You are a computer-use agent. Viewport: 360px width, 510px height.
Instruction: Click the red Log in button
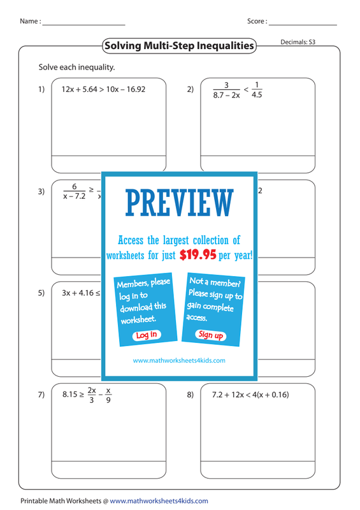[147, 335]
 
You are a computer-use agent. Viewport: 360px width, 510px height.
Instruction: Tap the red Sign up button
[211, 335]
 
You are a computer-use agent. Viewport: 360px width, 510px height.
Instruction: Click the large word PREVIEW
[180, 203]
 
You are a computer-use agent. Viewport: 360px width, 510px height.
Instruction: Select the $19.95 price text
[198, 254]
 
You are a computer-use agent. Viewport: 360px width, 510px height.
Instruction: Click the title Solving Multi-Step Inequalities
[179, 45]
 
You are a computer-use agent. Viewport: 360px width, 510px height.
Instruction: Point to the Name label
[30, 21]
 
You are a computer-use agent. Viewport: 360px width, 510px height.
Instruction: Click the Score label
[257, 21]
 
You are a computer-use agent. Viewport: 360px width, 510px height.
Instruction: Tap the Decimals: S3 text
[298, 42]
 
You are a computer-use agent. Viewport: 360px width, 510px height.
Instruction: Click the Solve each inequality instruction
[76, 68]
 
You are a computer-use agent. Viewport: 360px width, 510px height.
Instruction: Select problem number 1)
[41, 89]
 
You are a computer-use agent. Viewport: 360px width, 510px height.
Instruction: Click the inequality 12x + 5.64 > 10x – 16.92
[103, 89]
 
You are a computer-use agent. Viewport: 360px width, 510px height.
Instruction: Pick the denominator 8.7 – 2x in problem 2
[227, 95]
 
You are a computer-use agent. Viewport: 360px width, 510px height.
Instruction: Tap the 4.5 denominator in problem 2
[257, 94]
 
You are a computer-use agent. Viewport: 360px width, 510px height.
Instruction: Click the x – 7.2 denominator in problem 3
[74, 196]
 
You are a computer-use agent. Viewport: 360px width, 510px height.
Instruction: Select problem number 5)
[41, 293]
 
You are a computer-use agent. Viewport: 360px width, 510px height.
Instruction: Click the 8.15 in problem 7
[70, 395]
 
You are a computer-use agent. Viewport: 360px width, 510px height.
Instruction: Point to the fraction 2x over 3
[92, 395]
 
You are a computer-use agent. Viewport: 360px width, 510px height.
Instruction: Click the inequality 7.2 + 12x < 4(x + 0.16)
[250, 395]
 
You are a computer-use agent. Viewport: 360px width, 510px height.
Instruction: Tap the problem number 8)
[191, 395]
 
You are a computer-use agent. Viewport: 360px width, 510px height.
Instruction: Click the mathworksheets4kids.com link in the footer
[159, 501]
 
